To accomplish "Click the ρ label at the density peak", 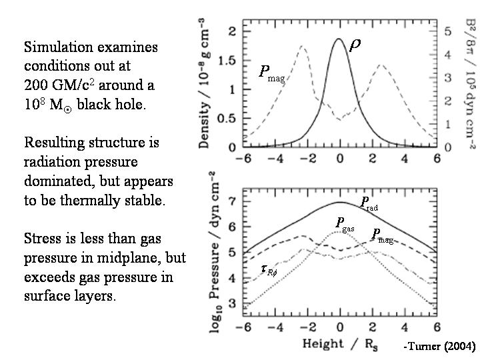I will (355, 45).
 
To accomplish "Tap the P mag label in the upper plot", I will (271, 73).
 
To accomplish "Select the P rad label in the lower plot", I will (369, 203).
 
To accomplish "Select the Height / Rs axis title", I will (340, 344).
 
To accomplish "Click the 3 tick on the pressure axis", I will (232, 304).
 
